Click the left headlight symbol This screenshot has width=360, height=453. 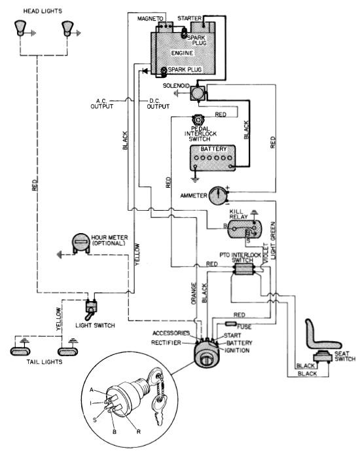click(20, 28)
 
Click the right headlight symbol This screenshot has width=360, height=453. click(67, 28)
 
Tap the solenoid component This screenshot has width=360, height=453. click(198, 93)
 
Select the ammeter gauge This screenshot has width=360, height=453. click(218, 196)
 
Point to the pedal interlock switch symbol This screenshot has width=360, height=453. click(198, 119)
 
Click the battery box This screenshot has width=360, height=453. click(213, 158)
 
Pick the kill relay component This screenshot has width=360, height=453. click(244, 229)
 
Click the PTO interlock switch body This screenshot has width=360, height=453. click(244, 269)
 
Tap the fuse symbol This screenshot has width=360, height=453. click(231, 323)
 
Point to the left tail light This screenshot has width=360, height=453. click(20, 351)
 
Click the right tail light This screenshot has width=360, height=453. click(67, 352)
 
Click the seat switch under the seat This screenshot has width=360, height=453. click(323, 357)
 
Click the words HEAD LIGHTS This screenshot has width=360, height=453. click(43, 11)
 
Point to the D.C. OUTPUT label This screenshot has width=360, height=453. click(158, 103)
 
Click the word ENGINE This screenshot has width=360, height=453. click(182, 53)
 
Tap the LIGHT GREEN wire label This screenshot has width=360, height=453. click(273, 240)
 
